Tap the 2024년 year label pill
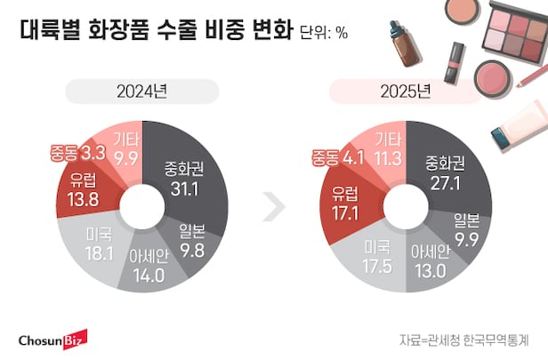[x=142, y=91]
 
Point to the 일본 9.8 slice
[x=193, y=239]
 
